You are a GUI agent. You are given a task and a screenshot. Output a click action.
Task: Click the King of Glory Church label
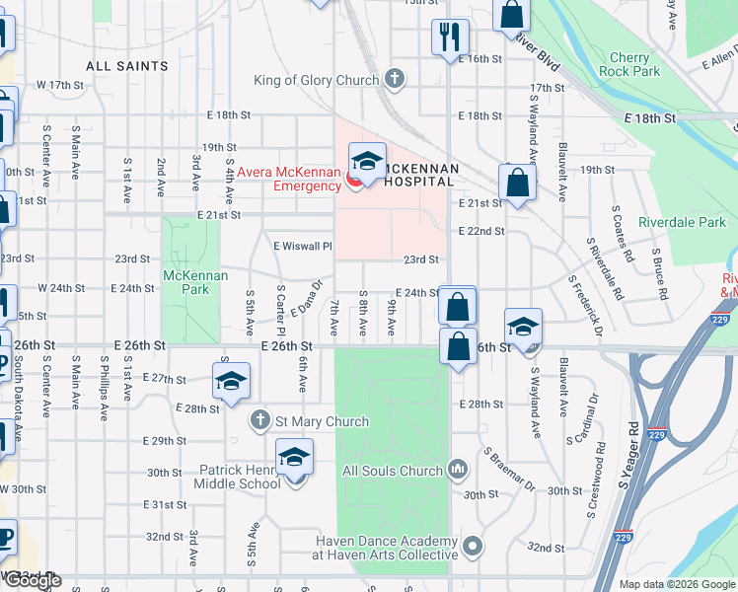tap(316, 80)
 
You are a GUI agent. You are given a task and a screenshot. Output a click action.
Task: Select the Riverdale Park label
tap(682, 222)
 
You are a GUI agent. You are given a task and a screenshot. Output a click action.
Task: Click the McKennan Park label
tap(187, 282)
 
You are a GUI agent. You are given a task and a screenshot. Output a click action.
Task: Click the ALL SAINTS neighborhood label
tap(127, 66)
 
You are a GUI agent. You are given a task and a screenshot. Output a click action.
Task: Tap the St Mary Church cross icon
tap(259, 421)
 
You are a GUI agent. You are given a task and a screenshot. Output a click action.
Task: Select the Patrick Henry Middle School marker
tap(293, 462)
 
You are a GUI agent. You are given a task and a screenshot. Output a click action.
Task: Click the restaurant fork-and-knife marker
tap(450, 37)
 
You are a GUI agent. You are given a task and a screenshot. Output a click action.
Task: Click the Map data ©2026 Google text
tap(677, 584)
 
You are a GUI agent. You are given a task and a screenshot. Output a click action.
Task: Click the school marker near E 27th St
tap(231, 382)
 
